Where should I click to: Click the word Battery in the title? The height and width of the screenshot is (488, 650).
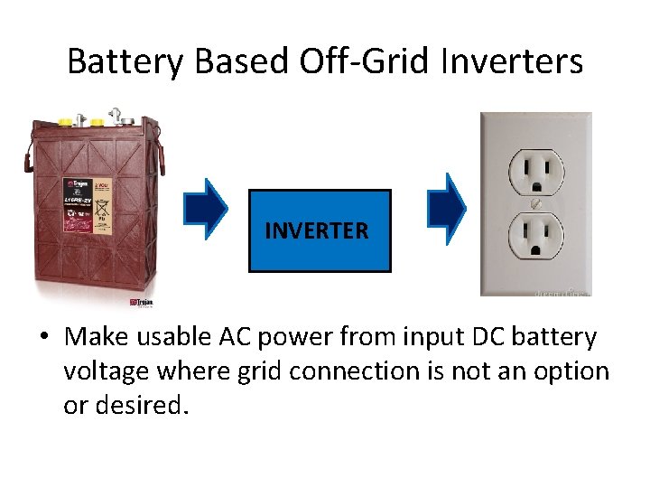click(x=116, y=61)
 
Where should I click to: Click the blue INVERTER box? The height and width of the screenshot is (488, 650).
click(x=320, y=230)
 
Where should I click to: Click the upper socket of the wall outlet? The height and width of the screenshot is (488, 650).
click(x=537, y=168)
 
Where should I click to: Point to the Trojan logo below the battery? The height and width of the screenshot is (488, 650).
click(x=142, y=302)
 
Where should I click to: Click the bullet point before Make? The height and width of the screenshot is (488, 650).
click(x=43, y=338)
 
